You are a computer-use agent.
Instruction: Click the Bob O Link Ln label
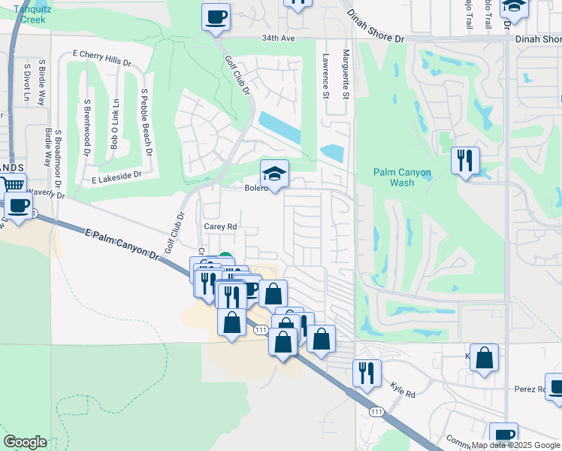[x=115, y=123]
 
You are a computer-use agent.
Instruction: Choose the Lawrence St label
[x=326, y=76]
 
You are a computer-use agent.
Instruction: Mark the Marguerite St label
[x=346, y=74]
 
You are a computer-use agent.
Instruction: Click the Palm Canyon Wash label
[x=403, y=177]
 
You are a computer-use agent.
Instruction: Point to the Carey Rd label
[x=221, y=225]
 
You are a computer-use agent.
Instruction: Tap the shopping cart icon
[x=13, y=185]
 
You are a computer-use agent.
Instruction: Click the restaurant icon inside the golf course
[x=465, y=159]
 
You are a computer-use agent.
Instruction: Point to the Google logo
[x=25, y=442]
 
